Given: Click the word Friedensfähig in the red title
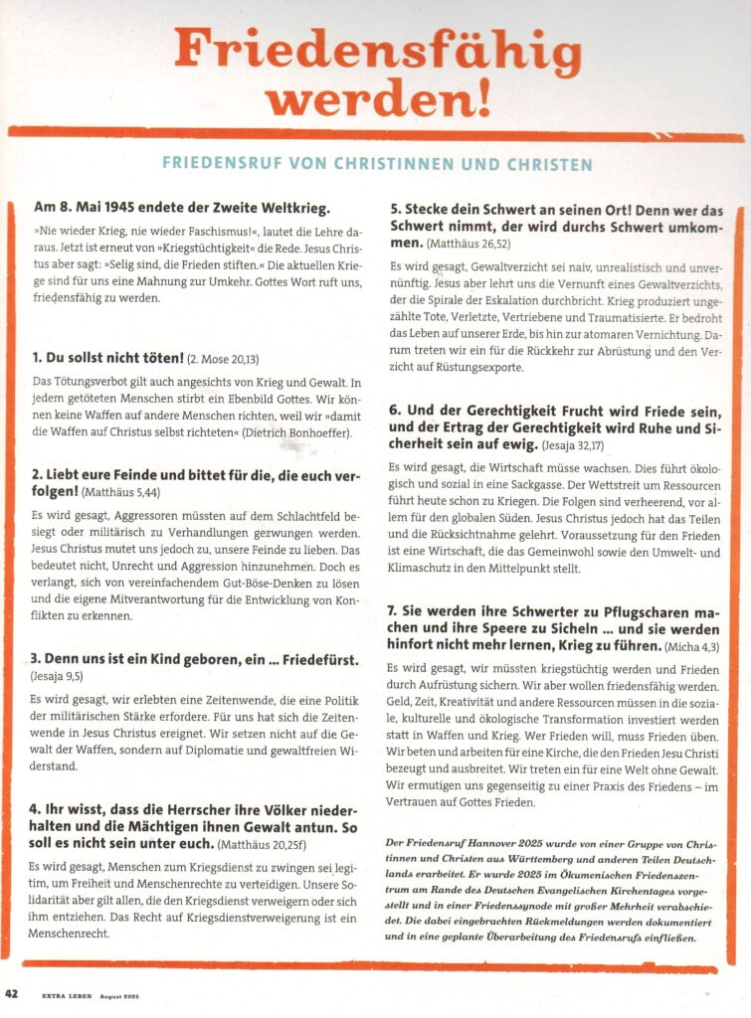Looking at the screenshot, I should coord(377,48).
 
